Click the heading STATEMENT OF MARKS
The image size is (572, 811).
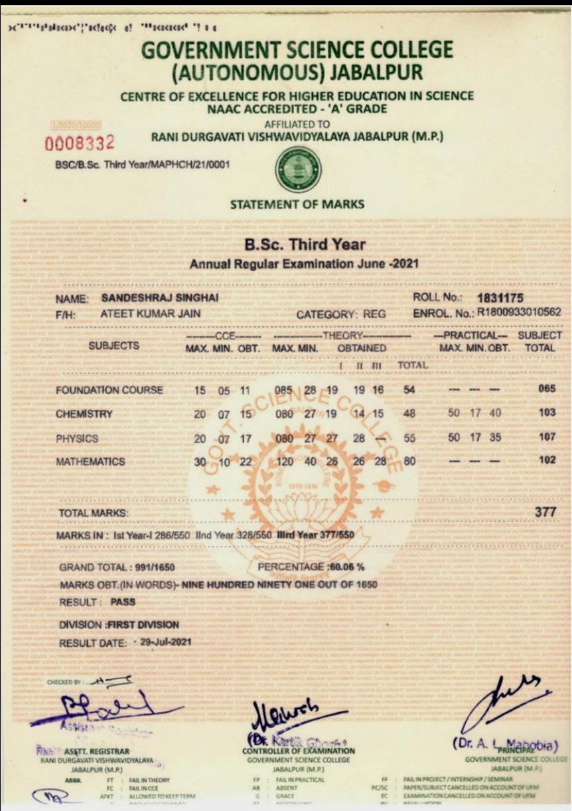(x=297, y=204)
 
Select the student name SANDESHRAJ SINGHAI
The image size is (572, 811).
(x=160, y=299)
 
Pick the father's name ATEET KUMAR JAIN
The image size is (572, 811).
(x=150, y=314)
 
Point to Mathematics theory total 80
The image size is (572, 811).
(x=409, y=462)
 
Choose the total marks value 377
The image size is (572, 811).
(x=544, y=512)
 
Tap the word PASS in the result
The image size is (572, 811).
(x=123, y=602)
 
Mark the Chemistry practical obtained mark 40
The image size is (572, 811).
(x=494, y=412)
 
